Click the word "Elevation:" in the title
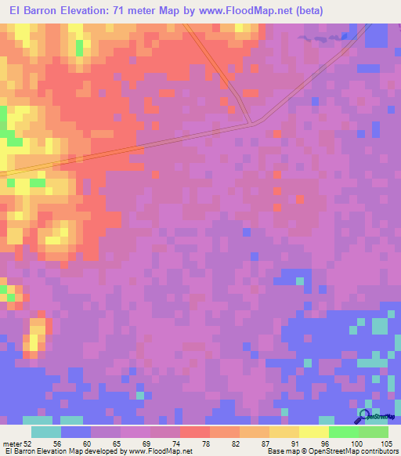point(82,10)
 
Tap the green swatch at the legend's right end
point(373,432)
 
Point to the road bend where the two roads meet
point(251,122)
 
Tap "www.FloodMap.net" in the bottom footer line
point(161,451)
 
